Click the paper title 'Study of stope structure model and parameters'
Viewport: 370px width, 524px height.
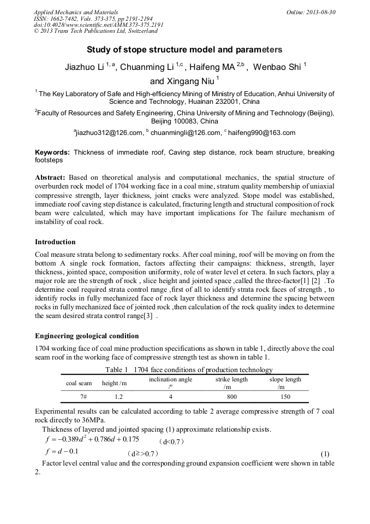pyautogui.click(x=184, y=50)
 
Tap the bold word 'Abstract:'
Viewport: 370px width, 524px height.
pyautogui.click(x=51, y=178)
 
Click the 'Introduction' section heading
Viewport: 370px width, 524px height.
pyautogui.click(x=55, y=242)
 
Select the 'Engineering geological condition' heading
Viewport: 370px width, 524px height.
pyautogui.click(x=87, y=335)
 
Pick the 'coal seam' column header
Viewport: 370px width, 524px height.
pyautogui.click(x=79, y=383)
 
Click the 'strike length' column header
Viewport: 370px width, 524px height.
pyautogui.click(x=231, y=379)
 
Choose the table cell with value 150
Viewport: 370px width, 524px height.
pyautogui.click(x=285, y=397)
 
